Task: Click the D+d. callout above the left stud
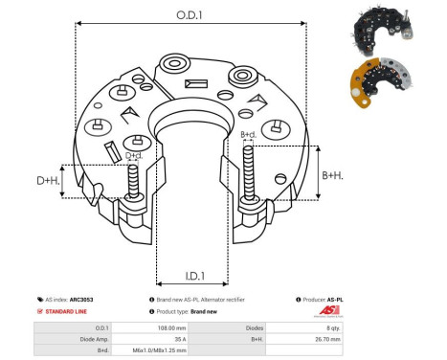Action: (135, 155)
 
